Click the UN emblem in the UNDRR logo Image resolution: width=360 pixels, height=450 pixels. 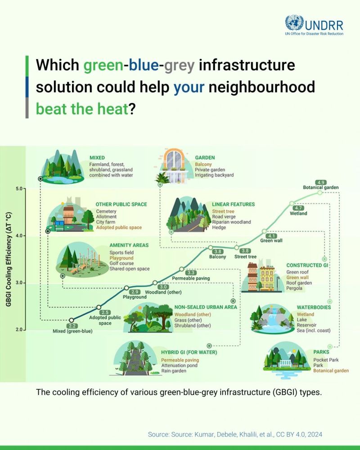[x=294, y=23]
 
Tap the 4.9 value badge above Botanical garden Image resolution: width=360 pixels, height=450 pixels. [x=320, y=183]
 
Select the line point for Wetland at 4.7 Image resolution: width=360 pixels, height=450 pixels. [x=292, y=203]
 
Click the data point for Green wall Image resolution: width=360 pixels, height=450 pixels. [x=264, y=231]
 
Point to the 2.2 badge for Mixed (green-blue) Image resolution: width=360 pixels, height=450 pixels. [x=72, y=326]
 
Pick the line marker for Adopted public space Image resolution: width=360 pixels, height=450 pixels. [x=99, y=307]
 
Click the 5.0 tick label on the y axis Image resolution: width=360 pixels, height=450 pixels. [x=18, y=189]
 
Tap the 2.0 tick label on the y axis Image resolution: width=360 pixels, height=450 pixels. [x=18, y=330]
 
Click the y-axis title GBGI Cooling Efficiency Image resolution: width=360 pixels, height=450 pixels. [x=9, y=259]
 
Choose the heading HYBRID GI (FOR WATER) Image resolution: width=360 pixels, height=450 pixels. [x=189, y=352]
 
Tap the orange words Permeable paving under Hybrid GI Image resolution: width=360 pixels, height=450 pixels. [x=180, y=360]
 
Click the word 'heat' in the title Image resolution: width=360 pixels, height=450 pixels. [x=112, y=109]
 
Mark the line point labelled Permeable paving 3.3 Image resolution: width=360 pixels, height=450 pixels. [x=182, y=269]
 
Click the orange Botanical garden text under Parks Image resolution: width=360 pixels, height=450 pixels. [x=331, y=371]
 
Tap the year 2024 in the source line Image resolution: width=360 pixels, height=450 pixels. [x=315, y=435]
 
